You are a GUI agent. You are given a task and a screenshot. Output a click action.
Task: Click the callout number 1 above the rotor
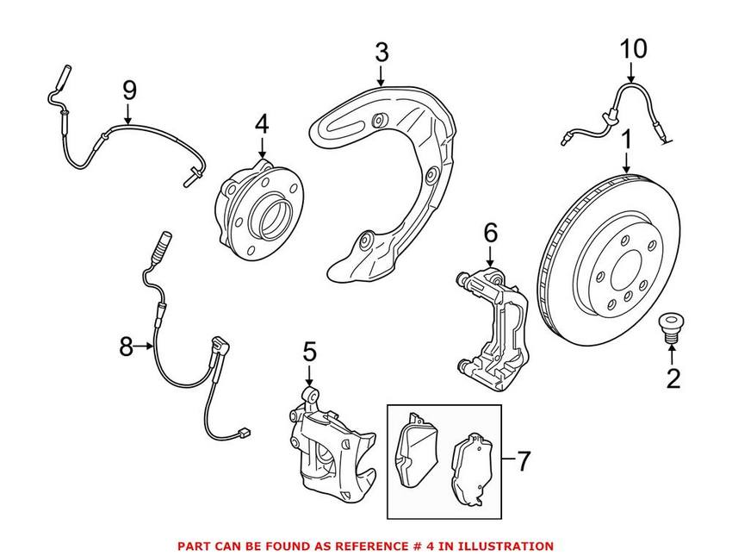(x=627, y=138)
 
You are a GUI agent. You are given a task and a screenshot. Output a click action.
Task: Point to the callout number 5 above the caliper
(x=309, y=351)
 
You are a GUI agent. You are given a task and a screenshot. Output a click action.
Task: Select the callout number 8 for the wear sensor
(x=127, y=347)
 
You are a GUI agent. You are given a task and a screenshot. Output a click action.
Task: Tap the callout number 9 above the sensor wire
(x=129, y=89)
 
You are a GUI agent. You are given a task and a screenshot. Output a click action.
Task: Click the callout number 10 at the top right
(x=633, y=48)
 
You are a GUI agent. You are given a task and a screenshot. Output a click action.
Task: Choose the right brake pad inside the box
(x=471, y=465)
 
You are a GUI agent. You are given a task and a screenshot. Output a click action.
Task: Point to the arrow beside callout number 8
(x=146, y=347)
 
